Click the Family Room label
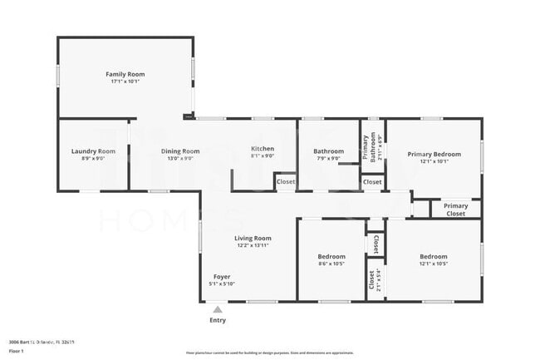[125, 74]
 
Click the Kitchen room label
[263, 149]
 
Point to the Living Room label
[253, 238]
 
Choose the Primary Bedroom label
[434, 154]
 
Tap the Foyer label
[222, 276]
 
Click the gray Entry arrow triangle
[218, 309]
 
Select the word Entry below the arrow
[218, 320]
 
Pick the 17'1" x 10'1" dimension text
[125, 81]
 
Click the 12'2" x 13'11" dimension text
[253, 245]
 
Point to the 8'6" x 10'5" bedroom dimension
[331, 264]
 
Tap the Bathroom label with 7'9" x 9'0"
[328, 150]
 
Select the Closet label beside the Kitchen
[285, 181]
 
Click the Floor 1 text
[17, 351]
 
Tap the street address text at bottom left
[42, 341]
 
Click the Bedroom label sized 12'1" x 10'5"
[433, 256]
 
